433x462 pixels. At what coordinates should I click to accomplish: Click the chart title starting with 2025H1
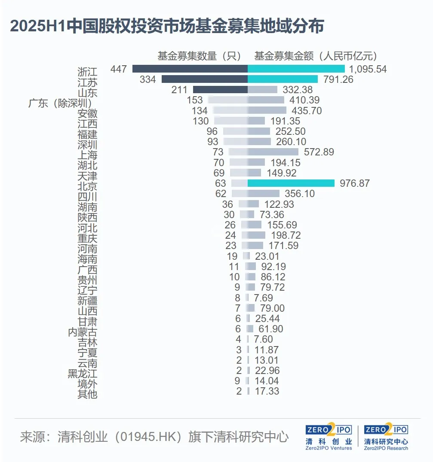[166, 27]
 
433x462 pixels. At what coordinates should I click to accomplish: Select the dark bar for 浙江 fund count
[190, 69]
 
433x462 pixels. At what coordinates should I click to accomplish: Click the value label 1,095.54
[368, 69]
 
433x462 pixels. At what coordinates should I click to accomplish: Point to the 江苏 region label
[87, 82]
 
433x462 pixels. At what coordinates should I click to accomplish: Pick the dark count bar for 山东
[220, 90]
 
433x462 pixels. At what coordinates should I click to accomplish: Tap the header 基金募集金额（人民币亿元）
[316, 56]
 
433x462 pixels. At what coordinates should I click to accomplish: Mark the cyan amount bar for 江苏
[283, 79]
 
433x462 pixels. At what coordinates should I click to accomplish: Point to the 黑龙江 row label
[83, 374]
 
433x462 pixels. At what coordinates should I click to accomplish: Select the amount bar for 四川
[264, 194]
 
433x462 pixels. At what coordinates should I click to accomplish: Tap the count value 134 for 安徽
[200, 111]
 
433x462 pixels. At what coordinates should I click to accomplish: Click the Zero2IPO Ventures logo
[329, 437]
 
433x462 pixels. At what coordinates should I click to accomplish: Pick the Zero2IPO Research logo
[386, 437]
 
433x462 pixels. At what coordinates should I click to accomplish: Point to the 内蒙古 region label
[83, 332]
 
